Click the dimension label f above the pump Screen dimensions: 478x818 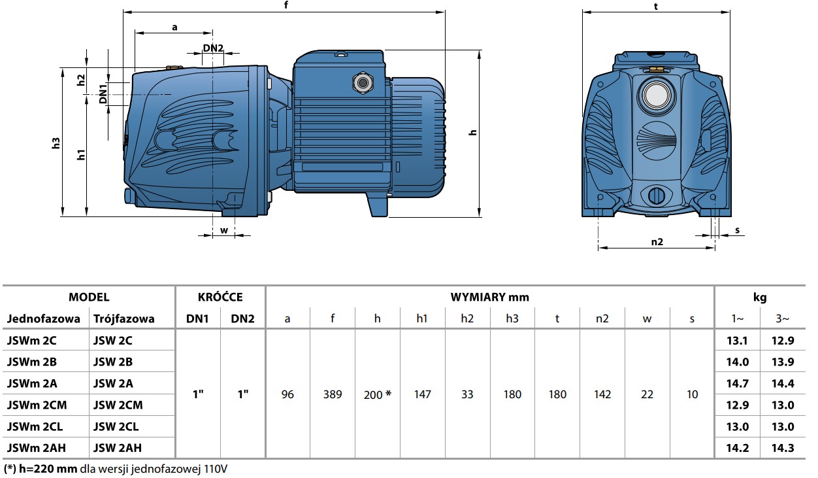pos(286,5)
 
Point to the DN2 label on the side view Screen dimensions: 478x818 pos(213,48)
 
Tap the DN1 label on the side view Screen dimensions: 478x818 pos(103,94)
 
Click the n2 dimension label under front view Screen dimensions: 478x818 pos(657,241)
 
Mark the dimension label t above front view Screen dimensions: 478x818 pos(655,5)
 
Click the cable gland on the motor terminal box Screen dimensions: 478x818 pos(360,83)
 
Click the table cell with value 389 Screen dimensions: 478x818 pos(333,394)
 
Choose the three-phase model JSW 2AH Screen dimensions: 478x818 pos(118,448)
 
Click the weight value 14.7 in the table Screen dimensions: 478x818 pos(737,383)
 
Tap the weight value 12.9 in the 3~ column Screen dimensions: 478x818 pos(783,341)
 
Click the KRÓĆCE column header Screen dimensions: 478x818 pos(220,297)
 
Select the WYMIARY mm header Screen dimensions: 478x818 pos(489,297)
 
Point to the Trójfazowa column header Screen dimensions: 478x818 pos(124,318)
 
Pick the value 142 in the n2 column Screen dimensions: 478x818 pos(602,394)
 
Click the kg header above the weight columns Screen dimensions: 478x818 pos(759,297)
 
